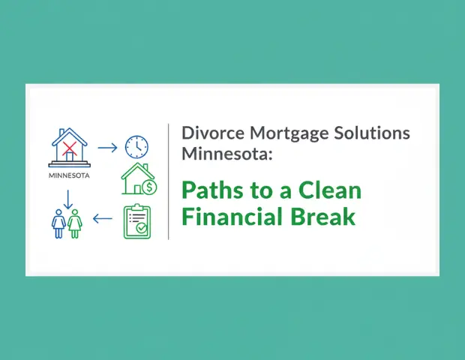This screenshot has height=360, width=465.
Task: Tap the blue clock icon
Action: click(x=136, y=146)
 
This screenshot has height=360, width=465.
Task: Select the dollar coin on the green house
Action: click(x=149, y=186)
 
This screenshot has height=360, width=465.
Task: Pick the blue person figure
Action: click(x=59, y=223)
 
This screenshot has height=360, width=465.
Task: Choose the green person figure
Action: click(x=75, y=223)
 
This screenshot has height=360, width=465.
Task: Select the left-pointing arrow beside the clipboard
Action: click(x=103, y=220)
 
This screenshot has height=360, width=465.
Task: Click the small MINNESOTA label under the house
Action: click(x=69, y=177)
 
